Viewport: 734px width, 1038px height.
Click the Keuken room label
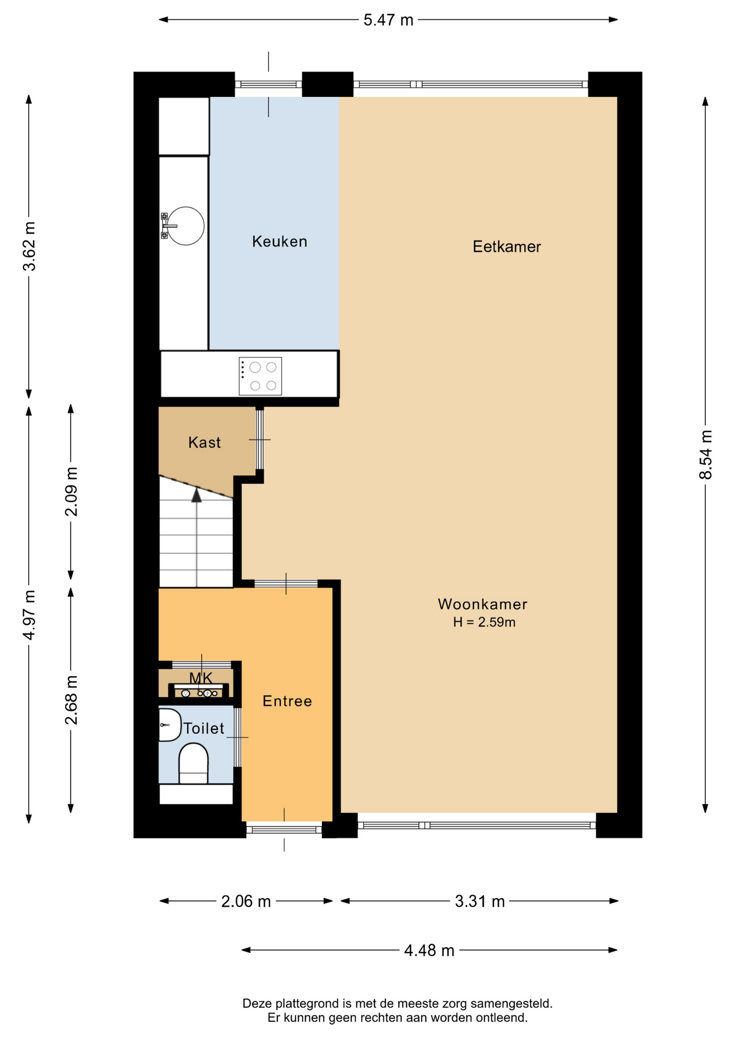[x=279, y=242]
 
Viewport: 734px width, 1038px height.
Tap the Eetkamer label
[x=506, y=247]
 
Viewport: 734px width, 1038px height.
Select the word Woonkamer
[x=482, y=604]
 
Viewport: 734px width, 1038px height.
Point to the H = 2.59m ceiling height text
[x=484, y=622]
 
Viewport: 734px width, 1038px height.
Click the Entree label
[x=287, y=701]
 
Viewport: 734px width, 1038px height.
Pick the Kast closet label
[x=204, y=443]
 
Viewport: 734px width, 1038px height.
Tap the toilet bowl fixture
[x=193, y=763]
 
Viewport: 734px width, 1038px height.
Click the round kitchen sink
[x=185, y=226]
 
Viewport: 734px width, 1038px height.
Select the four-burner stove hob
[x=260, y=376]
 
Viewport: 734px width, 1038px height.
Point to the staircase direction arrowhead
[x=197, y=495]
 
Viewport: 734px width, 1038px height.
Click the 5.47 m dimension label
[x=388, y=20]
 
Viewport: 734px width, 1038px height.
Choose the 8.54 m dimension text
[x=705, y=455]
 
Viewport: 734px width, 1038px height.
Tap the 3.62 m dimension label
[x=29, y=246]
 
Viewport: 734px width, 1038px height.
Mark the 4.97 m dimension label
[x=29, y=615]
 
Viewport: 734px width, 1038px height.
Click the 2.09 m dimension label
[x=71, y=491]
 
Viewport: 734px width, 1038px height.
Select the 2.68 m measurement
[x=71, y=700]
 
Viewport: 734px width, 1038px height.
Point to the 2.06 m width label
[x=246, y=901]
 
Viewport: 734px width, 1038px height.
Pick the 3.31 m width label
[x=479, y=901]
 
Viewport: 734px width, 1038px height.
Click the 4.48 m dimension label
[x=429, y=950]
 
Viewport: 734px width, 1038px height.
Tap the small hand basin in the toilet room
[x=170, y=725]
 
